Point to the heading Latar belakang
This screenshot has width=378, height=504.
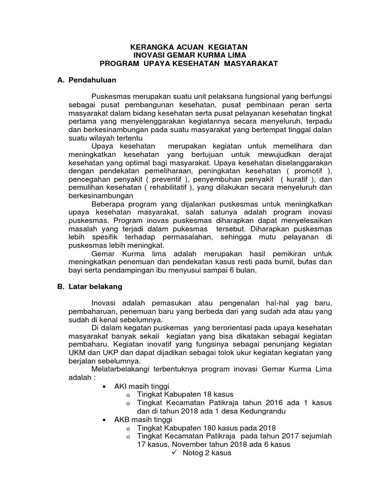(96, 285)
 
